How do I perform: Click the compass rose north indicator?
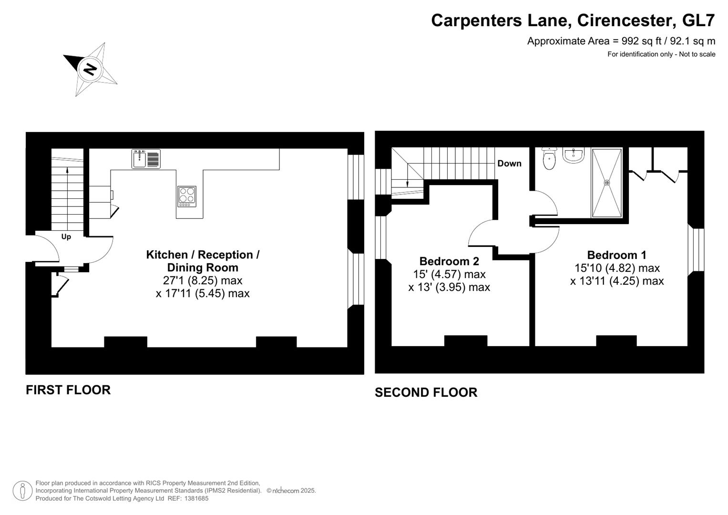click(x=90, y=69)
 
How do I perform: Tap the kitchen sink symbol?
click(x=146, y=159)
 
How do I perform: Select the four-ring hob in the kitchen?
click(x=187, y=196)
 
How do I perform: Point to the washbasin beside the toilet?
click(x=573, y=155)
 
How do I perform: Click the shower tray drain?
click(x=607, y=183)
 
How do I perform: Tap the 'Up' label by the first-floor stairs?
click(x=66, y=237)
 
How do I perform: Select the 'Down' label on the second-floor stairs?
click(x=509, y=164)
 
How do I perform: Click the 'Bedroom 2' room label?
click(x=449, y=261)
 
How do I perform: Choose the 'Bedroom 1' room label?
click(x=616, y=255)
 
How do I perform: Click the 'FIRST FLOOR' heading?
click(x=68, y=390)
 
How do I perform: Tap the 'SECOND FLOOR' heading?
click(x=426, y=392)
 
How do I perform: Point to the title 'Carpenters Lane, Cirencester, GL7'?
click(x=573, y=21)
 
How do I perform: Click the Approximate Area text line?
click(x=621, y=41)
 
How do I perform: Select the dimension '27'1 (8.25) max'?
click(x=203, y=280)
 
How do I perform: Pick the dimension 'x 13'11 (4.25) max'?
click(x=616, y=281)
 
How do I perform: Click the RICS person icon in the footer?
click(x=22, y=491)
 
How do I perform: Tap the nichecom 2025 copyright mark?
click(x=291, y=491)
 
